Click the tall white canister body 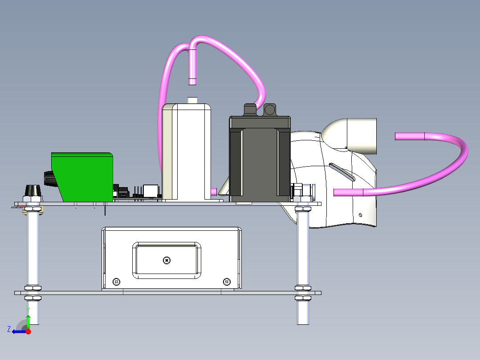point(186,152)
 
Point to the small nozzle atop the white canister point(192,100)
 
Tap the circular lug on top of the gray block point(270,109)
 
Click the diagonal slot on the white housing point(342,172)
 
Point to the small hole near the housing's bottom point(360,215)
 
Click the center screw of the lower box point(167,261)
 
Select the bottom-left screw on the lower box point(116,282)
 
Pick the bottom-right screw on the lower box point(227,281)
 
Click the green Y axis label point(28,310)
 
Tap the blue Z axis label point(9,329)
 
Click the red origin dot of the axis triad point(28,331)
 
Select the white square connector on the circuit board point(151,191)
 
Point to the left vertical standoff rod point(33,266)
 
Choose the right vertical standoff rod point(303,266)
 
